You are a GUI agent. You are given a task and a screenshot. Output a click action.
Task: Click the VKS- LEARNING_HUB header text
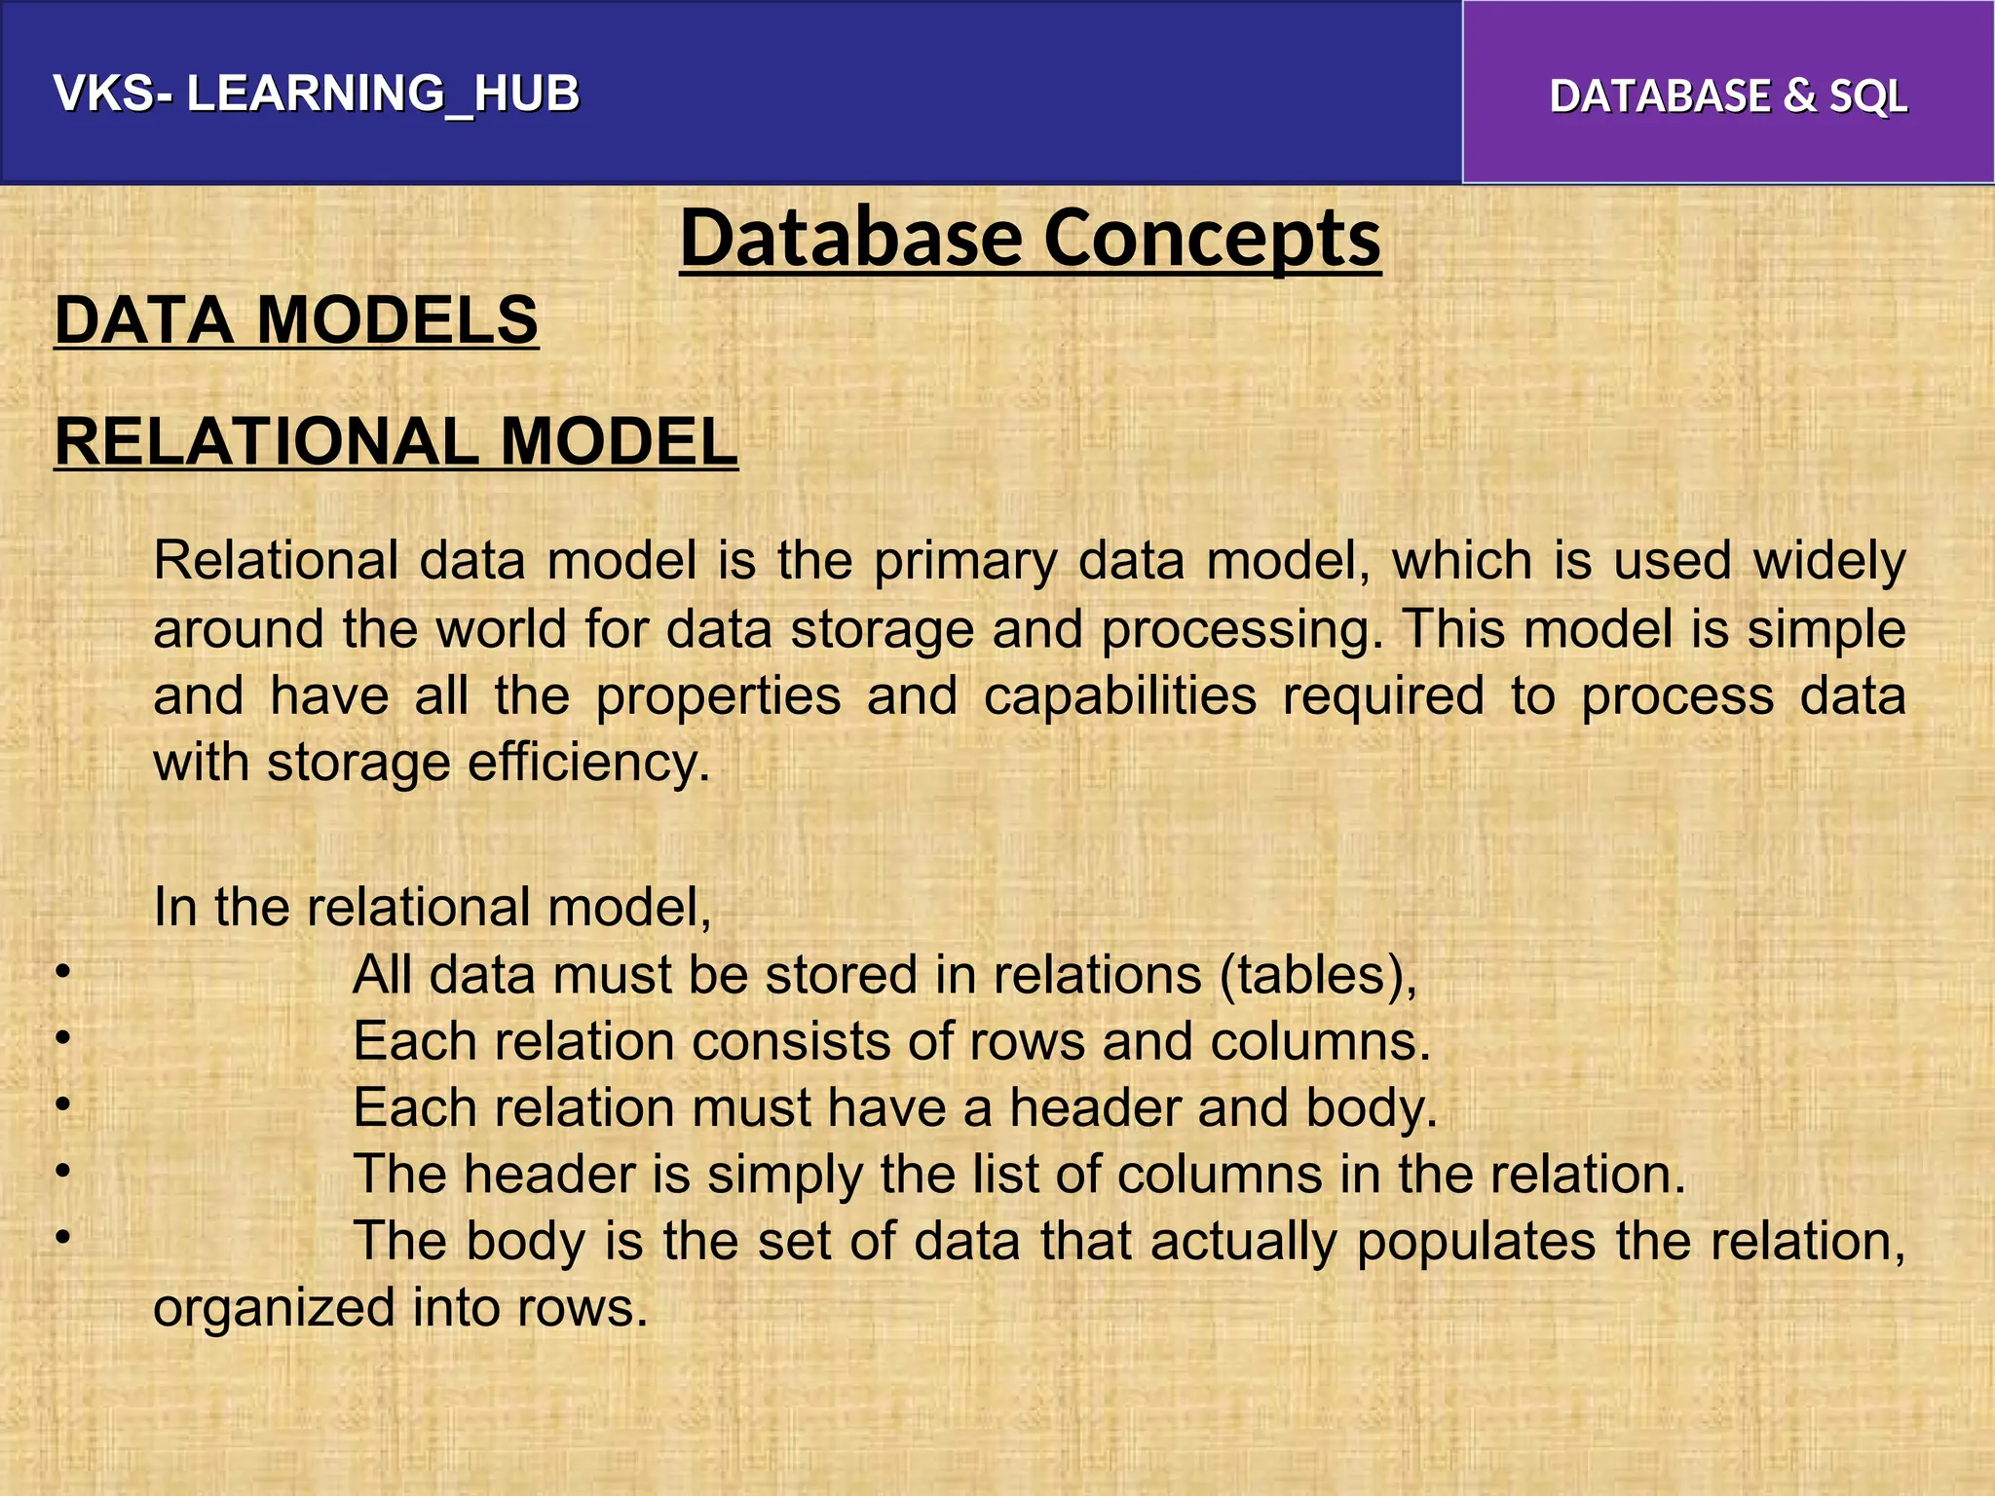pyautogui.click(x=317, y=94)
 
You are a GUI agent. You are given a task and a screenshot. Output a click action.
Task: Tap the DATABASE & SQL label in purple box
pyautogui.click(x=1728, y=96)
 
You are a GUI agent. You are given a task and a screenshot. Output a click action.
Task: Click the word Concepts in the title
pyautogui.click(x=1212, y=239)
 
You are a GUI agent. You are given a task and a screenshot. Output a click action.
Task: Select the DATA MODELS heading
pyautogui.click(x=296, y=320)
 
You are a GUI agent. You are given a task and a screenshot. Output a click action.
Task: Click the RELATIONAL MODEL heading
pyautogui.click(x=395, y=442)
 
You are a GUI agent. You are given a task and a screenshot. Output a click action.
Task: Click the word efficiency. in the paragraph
pyautogui.click(x=589, y=762)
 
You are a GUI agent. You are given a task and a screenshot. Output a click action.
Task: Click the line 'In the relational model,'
pyautogui.click(x=433, y=907)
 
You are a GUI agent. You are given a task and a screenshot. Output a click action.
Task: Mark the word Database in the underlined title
pyautogui.click(x=851, y=239)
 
